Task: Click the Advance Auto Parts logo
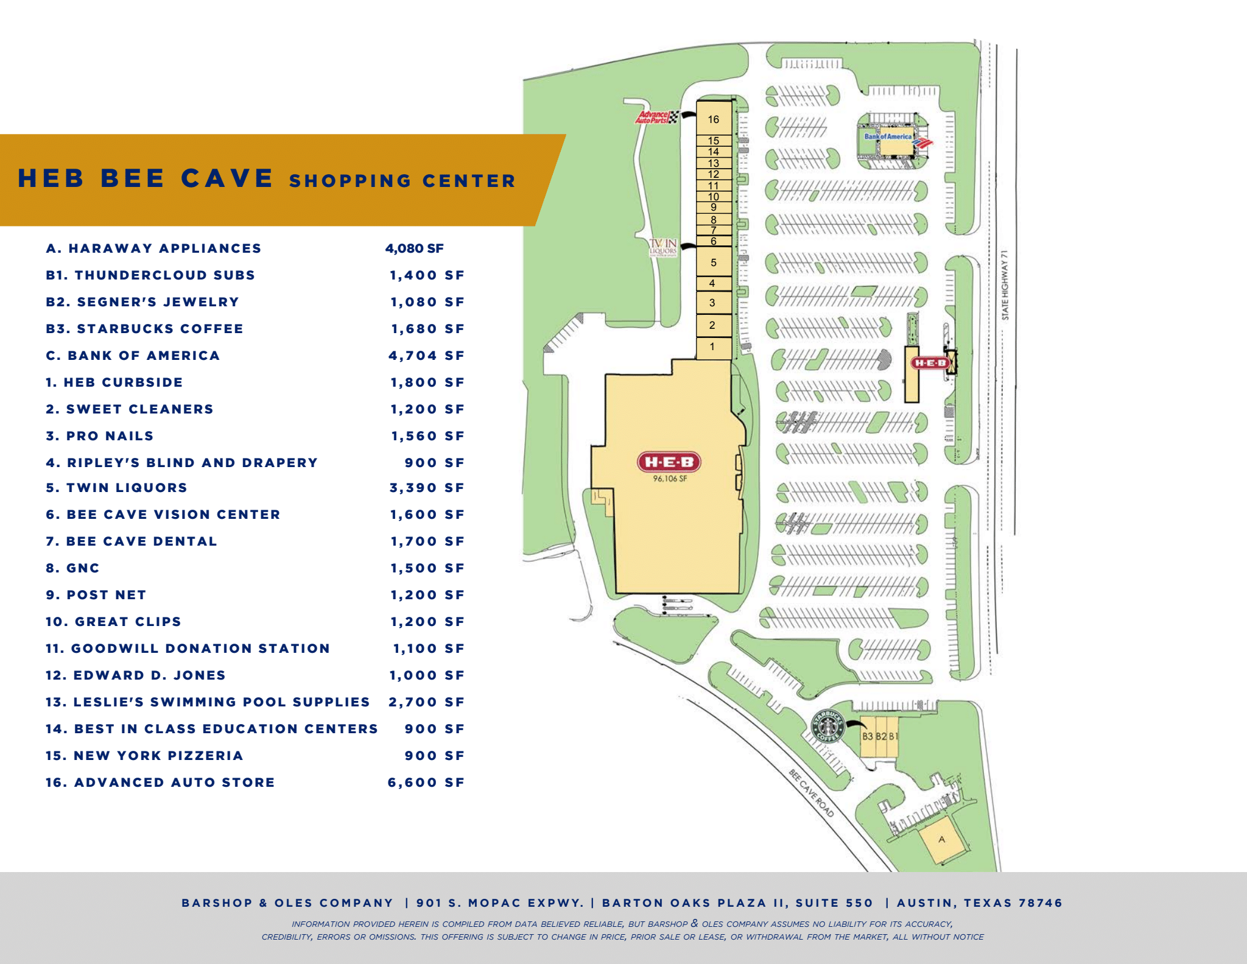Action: [x=656, y=117]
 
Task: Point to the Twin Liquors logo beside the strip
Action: [x=663, y=247]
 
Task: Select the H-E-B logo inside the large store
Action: [x=669, y=462]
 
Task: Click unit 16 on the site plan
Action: [x=714, y=119]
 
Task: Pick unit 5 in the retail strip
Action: [x=714, y=263]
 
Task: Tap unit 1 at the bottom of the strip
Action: [x=712, y=347]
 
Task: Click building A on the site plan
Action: [x=942, y=840]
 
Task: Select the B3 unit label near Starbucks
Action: [x=868, y=736]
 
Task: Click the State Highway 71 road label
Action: [x=1005, y=284]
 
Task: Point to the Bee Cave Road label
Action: [x=811, y=793]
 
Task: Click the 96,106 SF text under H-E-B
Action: [x=670, y=479]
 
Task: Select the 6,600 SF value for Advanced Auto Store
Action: [x=426, y=783]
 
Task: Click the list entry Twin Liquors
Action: [x=117, y=488]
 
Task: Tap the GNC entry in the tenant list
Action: [x=73, y=568]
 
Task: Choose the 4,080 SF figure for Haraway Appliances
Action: [x=414, y=248]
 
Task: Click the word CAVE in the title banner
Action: [x=227, y=178]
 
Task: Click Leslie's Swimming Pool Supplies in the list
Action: [x=208, y=702]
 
